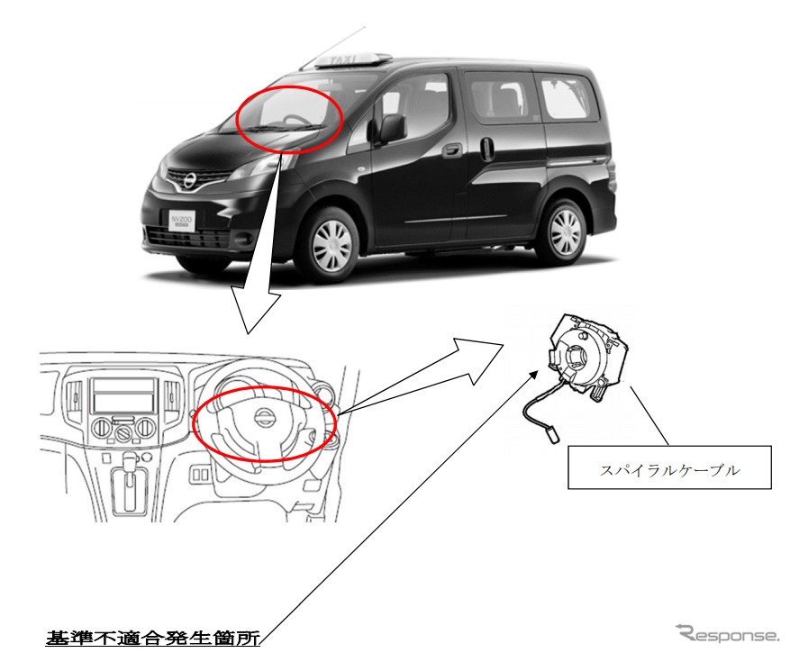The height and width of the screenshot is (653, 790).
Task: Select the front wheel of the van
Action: pos(329,241)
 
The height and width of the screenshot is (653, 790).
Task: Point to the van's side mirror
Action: pos(392,128)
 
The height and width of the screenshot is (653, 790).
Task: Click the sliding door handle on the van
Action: pos(487,149)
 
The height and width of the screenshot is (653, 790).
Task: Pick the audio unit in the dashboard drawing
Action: pos(123,394)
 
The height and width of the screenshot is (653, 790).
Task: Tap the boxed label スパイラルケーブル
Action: pos(668,467)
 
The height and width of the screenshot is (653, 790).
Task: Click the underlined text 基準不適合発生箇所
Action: pos(152,639)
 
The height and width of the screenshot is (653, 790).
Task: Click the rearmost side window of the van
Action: pos(567,97)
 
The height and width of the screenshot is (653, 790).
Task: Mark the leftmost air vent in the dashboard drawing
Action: pos(73,395)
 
